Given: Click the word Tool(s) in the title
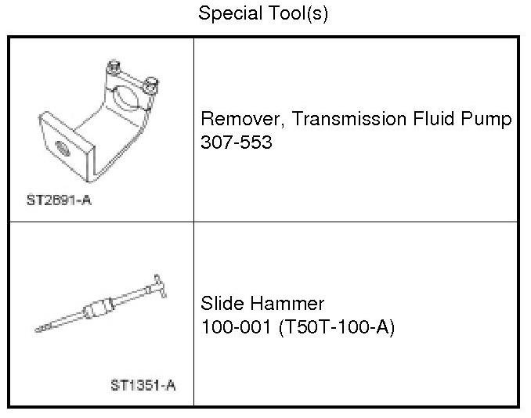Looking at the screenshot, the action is point(298,14).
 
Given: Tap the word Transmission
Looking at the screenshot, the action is point(349,119).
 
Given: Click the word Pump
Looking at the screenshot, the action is point(486,120).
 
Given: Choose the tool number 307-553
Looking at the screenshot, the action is point(237,142).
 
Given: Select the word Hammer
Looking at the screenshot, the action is point(287,303).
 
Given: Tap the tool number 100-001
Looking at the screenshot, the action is point(236,327).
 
